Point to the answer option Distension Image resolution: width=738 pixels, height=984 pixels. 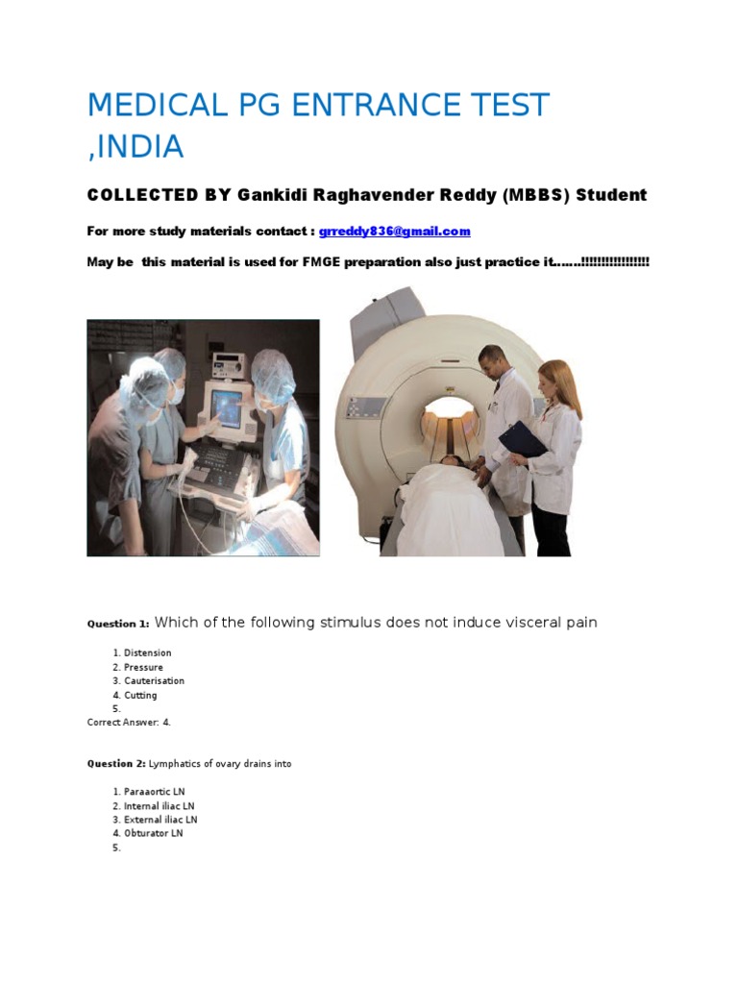pos(148,653)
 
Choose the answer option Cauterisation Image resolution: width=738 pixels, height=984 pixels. pos(154,681)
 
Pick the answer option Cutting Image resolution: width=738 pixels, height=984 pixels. pos(140,695)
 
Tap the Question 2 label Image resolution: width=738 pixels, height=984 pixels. pos(116,764)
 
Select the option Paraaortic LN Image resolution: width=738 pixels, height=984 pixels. pos(153,792)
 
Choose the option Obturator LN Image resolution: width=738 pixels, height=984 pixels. pos(153,833)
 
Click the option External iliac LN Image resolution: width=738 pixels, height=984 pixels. pos(160,820)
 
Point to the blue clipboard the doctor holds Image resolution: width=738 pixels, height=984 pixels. pos(522,439)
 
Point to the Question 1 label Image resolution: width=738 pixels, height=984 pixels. pos(116,624)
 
